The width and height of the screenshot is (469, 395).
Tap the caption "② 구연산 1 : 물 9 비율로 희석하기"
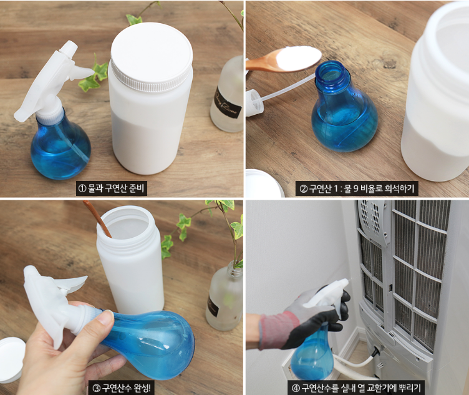pos(357,188)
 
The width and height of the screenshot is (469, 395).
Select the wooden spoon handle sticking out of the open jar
pos(99,218)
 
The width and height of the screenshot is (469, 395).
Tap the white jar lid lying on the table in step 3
pos(11,359)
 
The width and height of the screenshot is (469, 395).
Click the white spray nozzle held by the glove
pos(331,293)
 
